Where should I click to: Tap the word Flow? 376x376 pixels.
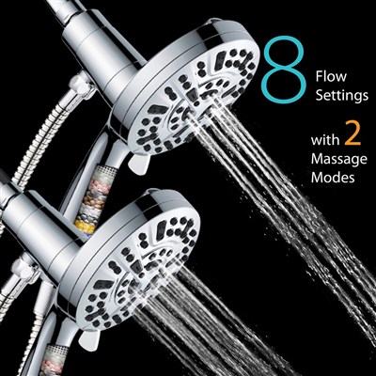(x=331, y=76)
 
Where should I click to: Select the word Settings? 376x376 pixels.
(x=342, y=96)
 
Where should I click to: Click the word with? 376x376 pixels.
(x=325, y=140)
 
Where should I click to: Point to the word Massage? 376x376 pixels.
(x=339, y=160)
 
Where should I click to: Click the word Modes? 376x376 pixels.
(x=333, y=178)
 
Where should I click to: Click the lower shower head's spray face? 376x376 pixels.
(x=138, y=270)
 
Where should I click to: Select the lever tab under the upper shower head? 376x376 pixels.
(x=138, y=163)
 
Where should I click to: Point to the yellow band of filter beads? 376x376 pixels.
(x=84, y=227)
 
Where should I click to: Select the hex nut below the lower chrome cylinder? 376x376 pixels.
(x=23, y=270)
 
